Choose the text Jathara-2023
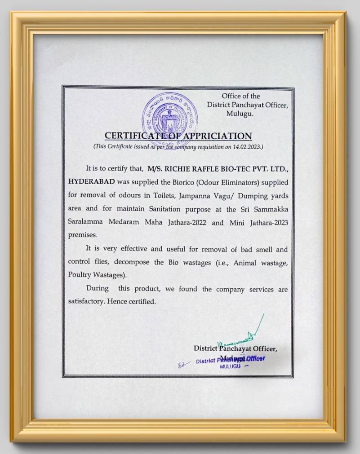(268, 222)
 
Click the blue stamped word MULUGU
(230, 366)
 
